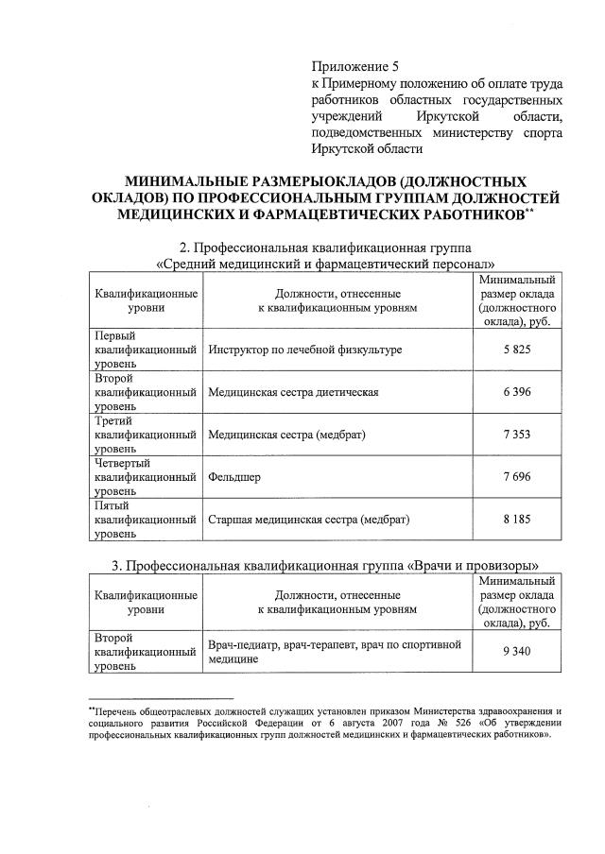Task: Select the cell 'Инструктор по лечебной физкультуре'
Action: pos(305,350)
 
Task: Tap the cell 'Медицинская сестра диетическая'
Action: pos(294,392)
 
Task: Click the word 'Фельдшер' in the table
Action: pos(234,477)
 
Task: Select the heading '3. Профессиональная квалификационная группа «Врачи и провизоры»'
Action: pos(325,567)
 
